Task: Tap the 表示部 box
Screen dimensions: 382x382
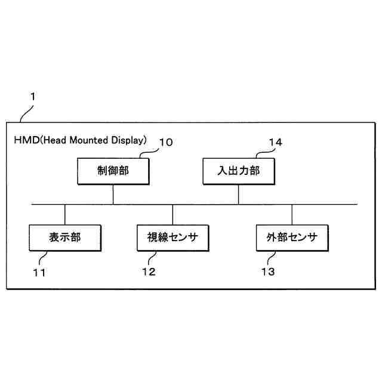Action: point(65,238)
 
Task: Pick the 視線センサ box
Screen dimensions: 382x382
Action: point(172,238)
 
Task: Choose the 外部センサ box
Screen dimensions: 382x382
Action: point(292,238)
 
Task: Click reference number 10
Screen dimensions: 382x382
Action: point(165,142)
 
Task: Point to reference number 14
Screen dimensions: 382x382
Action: point(275,142)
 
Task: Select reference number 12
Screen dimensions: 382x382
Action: point(149,272)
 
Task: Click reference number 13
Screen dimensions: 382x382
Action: point(268,272)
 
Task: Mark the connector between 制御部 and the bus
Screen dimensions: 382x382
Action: point(113,195)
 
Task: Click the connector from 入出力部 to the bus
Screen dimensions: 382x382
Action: point(238,195)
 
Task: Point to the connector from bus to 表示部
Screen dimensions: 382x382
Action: point(65,214)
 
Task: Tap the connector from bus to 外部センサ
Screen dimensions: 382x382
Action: point(292,214)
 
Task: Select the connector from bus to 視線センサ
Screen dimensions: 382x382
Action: point(172,214)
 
